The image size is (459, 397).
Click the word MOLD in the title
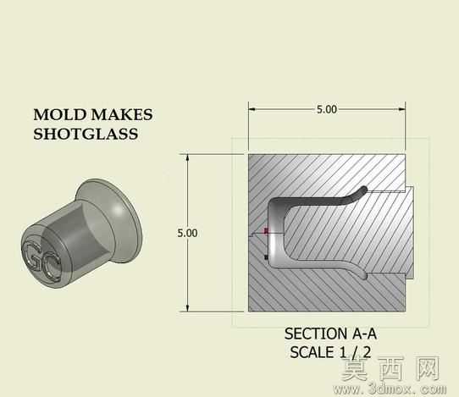[60, 114]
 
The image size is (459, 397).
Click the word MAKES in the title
[122, 114]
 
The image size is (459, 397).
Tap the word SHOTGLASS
[86, 134]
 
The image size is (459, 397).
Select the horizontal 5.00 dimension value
[327, 109]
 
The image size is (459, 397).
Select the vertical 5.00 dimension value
[187, 233]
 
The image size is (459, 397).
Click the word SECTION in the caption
[315, 334]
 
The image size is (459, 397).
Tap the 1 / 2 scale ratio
[355, 352]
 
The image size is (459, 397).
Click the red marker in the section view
[266, 231]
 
